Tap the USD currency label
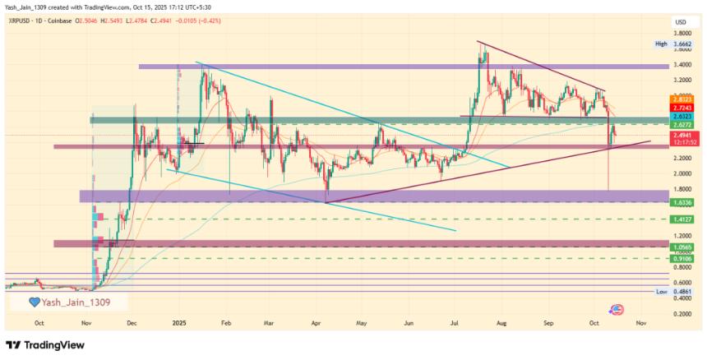pyautogui.click(x=681, y=21)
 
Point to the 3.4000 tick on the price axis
pyautogui.click(x=682, y=64)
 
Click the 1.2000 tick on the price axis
pyautogui.click(x=682, y=236)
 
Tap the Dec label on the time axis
pyautogui.click(x=132, y=323)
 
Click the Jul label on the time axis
pyautogui.click(x=454, y=323)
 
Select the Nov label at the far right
pyautogui.click(x=640, y=323)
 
